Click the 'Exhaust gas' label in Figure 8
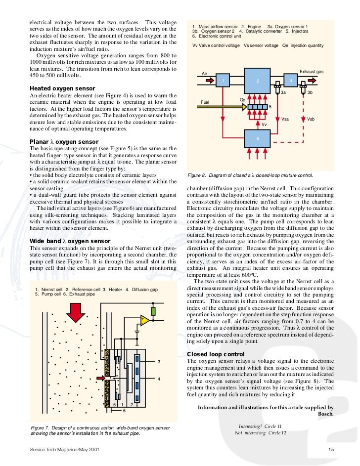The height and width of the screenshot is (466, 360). click(x=312, y=72)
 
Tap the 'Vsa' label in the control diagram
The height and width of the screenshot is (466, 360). click(x=285, y=119)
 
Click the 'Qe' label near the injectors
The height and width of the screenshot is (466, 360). click(x=243, y=100)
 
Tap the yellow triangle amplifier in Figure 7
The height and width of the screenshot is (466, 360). click(x=145, y=321)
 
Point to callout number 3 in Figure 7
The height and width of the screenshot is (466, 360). click(x=159, y=362)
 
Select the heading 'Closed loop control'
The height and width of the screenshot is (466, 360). click(x=216, y=354)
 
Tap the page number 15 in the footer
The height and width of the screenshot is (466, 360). click(x=331, y=449)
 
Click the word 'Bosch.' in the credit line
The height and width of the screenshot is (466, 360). click(x=324, y=414)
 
